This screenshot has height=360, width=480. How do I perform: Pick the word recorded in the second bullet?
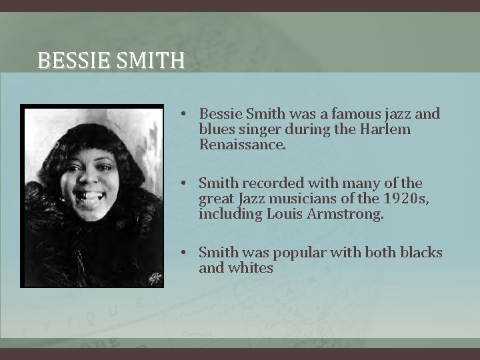(x=272, y=183)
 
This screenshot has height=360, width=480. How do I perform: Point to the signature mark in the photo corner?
(x=155, y=277)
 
